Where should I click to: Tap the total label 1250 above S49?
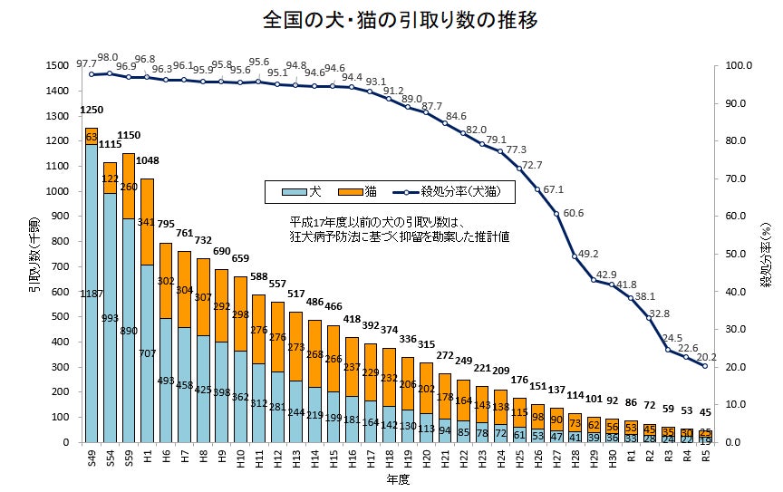click(x=92, y=110)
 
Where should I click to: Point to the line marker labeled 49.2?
click(x=575, y=256)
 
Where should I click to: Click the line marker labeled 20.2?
click(x=704, y=366)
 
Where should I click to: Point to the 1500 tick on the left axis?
click(x=55, y=65)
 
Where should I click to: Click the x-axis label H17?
click(x=369, y=464)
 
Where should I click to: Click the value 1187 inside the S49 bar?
click(x=92, y=294)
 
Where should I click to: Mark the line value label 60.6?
click(x=573, y=214)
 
